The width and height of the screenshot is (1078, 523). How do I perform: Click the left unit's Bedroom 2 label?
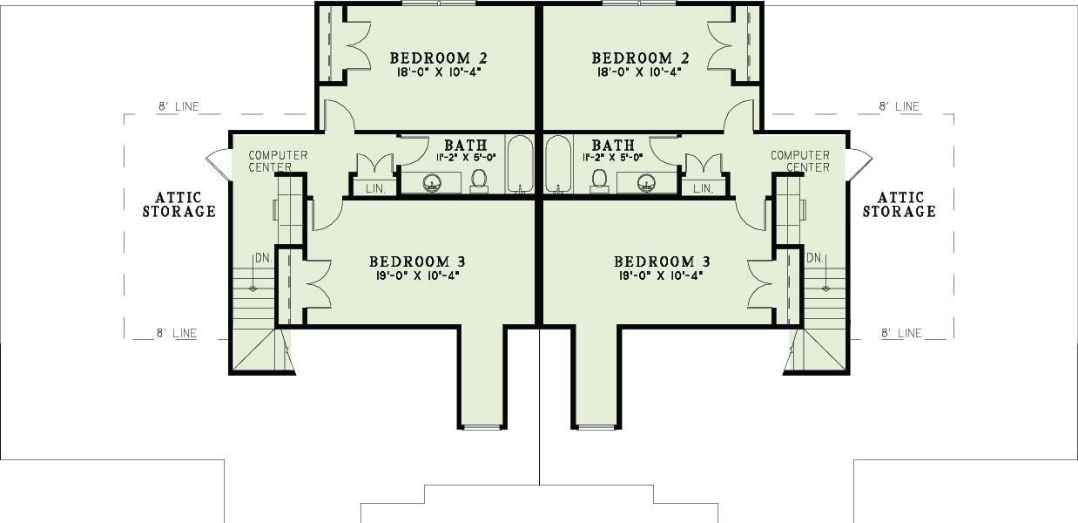click(438, 58)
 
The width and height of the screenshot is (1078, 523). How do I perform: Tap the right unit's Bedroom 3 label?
click(662, 262)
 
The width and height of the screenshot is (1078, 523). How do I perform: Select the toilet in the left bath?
click(479, 180)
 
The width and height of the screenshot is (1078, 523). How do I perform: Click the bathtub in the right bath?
click(558, 164)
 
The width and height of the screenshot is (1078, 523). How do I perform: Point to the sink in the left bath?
click(432, 183)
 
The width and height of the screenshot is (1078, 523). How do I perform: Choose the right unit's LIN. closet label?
click(703, 189)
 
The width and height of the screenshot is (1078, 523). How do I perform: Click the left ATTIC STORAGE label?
click(179, 205)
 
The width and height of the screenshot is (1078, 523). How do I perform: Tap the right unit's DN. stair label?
click(815, 258)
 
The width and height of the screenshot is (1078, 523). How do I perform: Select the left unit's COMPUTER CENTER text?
click(278, 161)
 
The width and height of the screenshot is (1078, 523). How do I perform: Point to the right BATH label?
click(613, 145)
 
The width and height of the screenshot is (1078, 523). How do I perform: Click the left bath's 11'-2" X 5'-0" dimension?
click(466, 158)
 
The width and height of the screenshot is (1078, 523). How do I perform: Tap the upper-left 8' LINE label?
click(179, 106)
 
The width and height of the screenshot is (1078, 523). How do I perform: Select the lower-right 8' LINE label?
click(901, 333)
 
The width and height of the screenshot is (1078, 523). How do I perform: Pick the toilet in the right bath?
click(599, 180)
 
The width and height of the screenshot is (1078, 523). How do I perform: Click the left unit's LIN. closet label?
click(375, 189)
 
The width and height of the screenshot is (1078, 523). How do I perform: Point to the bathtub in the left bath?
click(521, 164)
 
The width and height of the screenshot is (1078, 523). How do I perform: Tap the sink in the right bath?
click(646, 183)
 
